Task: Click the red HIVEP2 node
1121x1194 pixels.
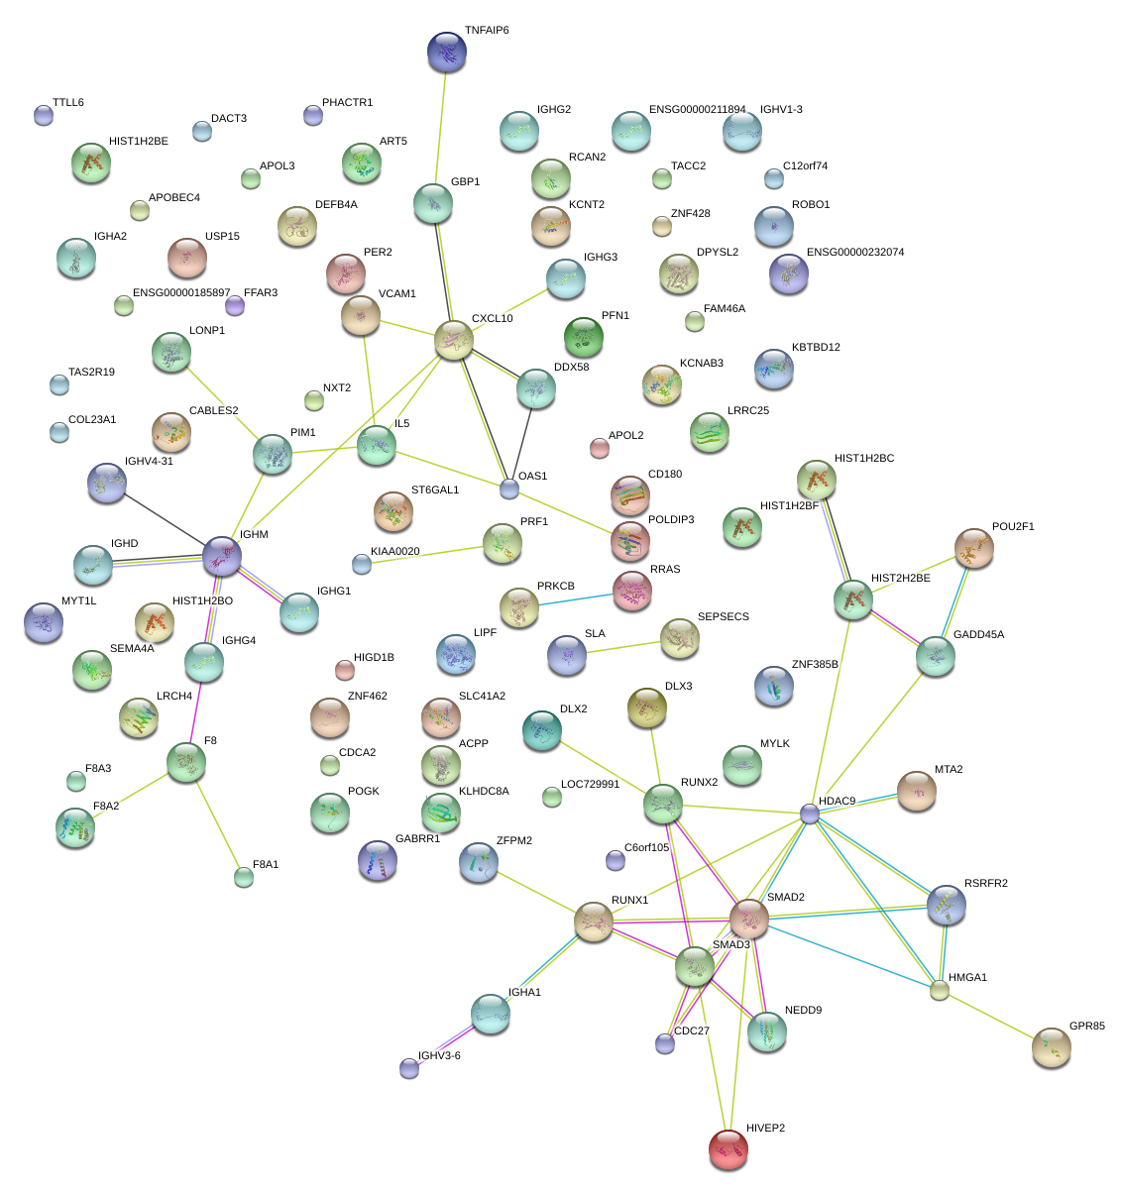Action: point(729,1148)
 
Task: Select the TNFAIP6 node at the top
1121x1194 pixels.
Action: point(446,52)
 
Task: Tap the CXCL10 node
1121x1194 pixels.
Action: point(454,340)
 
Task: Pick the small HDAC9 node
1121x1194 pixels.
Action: point(810,814)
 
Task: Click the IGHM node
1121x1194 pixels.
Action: point(221,556)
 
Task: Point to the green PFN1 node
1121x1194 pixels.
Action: point(583,337)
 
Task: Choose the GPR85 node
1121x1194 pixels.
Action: point(1051,1047)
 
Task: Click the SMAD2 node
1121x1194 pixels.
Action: point(749,920)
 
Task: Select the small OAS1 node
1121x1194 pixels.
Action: point(509,488)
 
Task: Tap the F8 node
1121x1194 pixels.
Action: point(186,761)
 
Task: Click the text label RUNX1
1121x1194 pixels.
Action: point(629,901)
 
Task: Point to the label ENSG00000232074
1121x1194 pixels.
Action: point(854,253)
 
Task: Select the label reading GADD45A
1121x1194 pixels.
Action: point(978,635)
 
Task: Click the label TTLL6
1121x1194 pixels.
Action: point(68,103)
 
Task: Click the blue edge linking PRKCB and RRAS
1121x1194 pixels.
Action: point(575,600)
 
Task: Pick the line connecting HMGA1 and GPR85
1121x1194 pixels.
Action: point(994,1019)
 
